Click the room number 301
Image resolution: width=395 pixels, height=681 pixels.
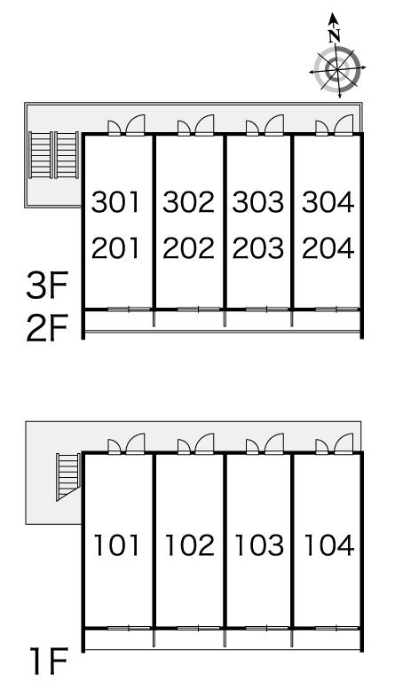point(115,202)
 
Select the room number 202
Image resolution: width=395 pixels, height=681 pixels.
point(188,248)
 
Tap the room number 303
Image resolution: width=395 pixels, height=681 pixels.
point(258,202)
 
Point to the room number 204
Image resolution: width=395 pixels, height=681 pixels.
point(328,248)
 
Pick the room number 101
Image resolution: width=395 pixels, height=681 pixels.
point(116,545)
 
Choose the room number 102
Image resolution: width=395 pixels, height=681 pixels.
point(190,545)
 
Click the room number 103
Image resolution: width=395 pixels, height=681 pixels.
point(259,545)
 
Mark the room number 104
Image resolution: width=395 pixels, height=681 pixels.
point(329,545)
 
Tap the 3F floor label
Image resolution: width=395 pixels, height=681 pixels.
point(47,286)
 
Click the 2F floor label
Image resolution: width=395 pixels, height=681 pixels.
point(47,329)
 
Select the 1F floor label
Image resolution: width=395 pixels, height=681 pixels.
point(49,661)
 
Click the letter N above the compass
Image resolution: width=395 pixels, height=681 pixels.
point(334,36)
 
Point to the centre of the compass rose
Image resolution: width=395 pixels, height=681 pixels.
point(337,69)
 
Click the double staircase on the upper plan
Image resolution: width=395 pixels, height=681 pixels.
point(54,155)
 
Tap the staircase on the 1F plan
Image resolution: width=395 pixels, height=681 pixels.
point(67,476)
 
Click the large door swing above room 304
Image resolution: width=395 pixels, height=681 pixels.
point(344,125)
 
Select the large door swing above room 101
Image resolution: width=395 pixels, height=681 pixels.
point(136,443)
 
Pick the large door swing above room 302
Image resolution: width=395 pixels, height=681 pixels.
point(205,125)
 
